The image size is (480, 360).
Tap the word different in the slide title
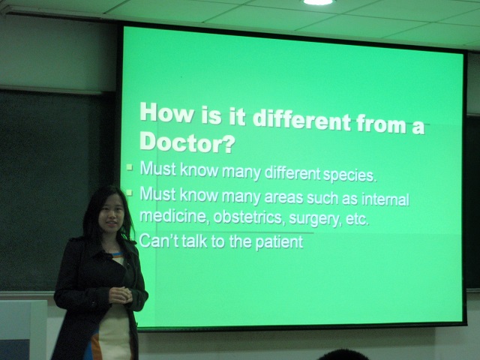coord(301,119)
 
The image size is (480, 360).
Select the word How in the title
coord(166,112)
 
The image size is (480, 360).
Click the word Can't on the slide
coord(158,241)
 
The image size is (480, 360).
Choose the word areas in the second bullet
coord(283,197)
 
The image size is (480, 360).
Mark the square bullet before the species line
coord(130,167)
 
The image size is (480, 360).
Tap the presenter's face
coord(112,214)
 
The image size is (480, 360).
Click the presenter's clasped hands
coord(120,295)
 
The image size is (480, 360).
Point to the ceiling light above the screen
coord(318,2)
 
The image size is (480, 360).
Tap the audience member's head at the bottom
coord(343,355)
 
